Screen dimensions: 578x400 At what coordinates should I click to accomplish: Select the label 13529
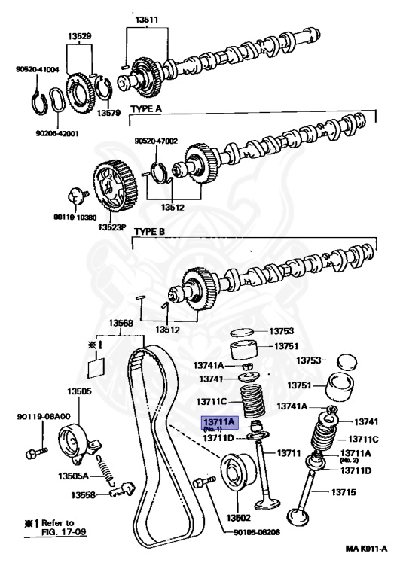pyautogui.click(x=80, y=35)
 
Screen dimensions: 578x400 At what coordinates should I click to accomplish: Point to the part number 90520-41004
pyautogui.click(x=37, y=69)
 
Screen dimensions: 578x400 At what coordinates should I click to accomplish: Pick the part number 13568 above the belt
pyautogui.click(x=120, y=324)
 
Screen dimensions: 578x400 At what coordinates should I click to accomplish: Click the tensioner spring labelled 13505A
pyautogui.click(x=105, y=473)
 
